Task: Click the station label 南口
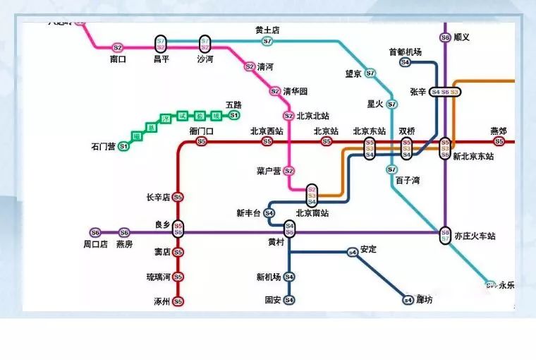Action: point(118,59)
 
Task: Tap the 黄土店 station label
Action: point(267,30)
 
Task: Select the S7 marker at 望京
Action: point(370,73)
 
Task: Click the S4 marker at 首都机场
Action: point(405,62)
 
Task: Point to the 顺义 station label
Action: point(462,37)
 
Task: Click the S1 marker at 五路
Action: point(234,115)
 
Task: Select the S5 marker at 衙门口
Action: point(202,141)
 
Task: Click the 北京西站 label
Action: point(267,131)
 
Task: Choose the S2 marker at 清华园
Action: point(275,91)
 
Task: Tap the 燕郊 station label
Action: point(499,131)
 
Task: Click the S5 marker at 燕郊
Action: point(499,141)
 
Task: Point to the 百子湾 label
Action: point(408,181)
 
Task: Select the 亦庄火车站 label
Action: point(475,236)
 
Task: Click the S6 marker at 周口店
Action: point(95,232)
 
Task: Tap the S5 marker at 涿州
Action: point(178,301)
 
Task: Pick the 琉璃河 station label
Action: point(159,277)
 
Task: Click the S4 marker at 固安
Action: point(289,300)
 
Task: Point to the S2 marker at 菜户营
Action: point(288,171)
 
